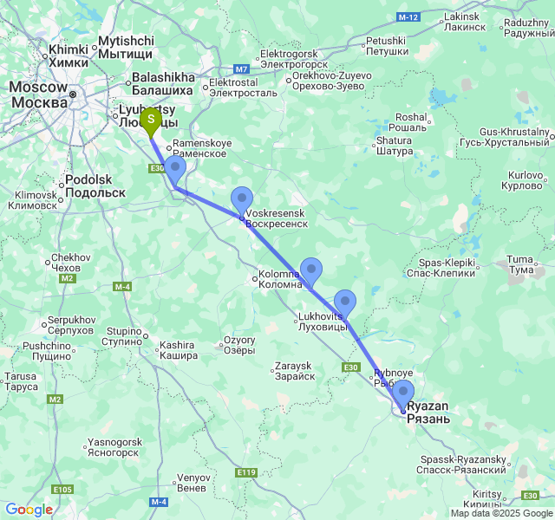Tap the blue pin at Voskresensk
click(x=242, y=199)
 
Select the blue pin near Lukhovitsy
click(x=345, y=302)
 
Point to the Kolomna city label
click(x=279, y=279)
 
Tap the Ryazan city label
click(x=428, y=413)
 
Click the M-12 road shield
click(x=408, y=17)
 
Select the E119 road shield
click(x=246, y=472)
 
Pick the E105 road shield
click(x=62, y=490)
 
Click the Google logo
click(x=28, y=510)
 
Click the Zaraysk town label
click(x=293, y=371)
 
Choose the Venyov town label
click(x=193, y=483)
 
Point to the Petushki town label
click(x=386, y=46)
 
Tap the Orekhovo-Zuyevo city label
click(x=320, y=81)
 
